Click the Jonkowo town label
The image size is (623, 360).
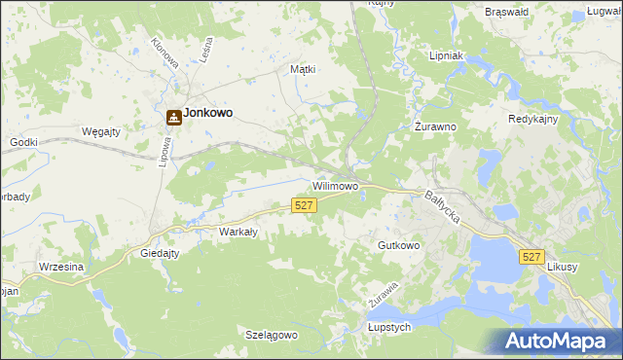tap(208, 113)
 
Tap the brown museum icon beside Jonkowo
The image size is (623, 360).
tap(173, 117)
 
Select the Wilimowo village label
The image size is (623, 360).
tap(336, 185)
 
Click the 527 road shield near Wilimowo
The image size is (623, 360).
tap(304, 204)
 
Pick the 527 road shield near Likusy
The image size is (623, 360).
tap(531, 256)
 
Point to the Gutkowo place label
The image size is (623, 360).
tap(399, 246)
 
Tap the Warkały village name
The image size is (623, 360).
tap(238, 232)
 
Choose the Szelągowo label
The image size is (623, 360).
tap(271, 335)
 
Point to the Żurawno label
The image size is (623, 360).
tap(435, 126)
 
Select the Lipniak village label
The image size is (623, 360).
tap(452, 56)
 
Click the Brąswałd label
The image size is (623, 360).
tap(506, 12)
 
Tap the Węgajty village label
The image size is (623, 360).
tap(100, 131)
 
